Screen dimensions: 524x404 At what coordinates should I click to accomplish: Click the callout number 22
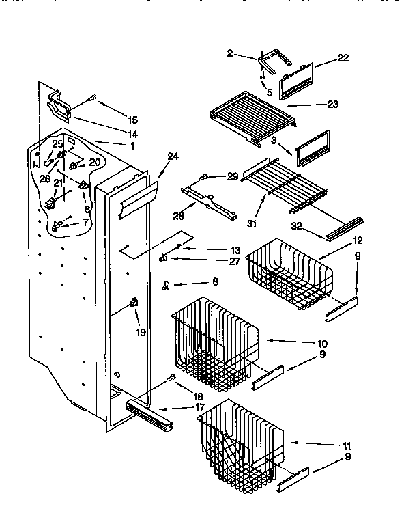pyautogui.click(x=343, y=58)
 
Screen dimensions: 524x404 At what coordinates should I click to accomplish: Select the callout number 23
pyautogui.click(x=333, y=104)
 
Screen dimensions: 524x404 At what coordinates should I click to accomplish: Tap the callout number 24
pyautogui.click(x=172, y=156)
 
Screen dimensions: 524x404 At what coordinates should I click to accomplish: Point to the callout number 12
pyautogui.click(x=357, y=240)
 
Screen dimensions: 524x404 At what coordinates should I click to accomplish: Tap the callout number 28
pyautogui.click(x=179, y=217)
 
